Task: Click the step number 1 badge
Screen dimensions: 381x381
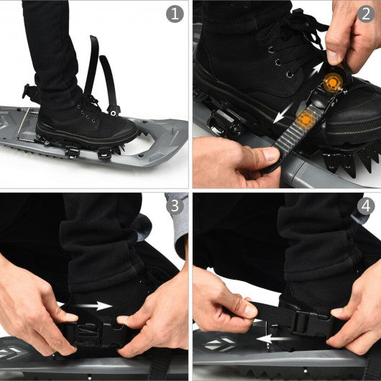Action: (175, 14)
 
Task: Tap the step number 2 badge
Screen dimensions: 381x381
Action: (366, 14)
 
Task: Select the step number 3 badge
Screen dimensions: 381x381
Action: (175, 206)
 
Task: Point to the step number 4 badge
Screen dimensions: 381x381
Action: (366, 206)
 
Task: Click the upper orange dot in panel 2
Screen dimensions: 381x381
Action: (333, 83)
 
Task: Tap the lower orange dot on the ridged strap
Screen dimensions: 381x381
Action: (306, 119)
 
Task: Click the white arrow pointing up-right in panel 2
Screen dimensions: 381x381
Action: (317, 70)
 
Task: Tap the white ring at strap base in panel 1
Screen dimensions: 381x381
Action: (113, 113)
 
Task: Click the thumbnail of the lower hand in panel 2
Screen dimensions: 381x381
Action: (270, 154)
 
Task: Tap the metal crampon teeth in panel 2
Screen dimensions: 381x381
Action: (352, 158)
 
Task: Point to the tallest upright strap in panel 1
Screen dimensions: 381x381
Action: (92, 65)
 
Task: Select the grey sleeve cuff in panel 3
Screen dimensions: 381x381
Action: (178, 224)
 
